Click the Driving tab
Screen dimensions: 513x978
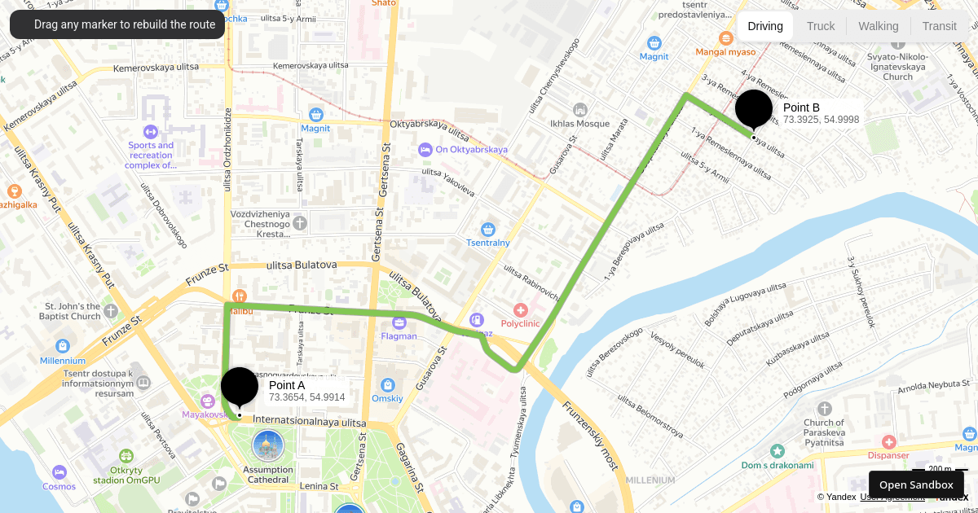point(765,26)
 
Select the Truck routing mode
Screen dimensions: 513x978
point(821,26)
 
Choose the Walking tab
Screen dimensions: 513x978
point(878,26)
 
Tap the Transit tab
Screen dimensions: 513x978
point(939,26)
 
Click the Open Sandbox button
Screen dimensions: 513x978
point(915,484)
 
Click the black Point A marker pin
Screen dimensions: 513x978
point(240,387)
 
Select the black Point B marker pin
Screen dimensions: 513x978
point(754,109)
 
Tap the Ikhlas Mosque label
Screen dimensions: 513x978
point(579,123)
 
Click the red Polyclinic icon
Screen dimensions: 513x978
point(521,310)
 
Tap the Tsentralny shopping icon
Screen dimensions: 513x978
point(488,230)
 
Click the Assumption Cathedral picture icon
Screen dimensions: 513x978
point(268,446)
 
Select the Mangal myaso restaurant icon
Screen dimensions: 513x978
point(726,38)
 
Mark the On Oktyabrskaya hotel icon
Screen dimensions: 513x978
point(425,150)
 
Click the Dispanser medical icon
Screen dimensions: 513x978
point(888,442)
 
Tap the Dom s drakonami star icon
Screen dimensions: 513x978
point(778,451)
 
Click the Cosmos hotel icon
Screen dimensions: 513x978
point(59,472)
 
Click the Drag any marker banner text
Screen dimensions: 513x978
point(125,24)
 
